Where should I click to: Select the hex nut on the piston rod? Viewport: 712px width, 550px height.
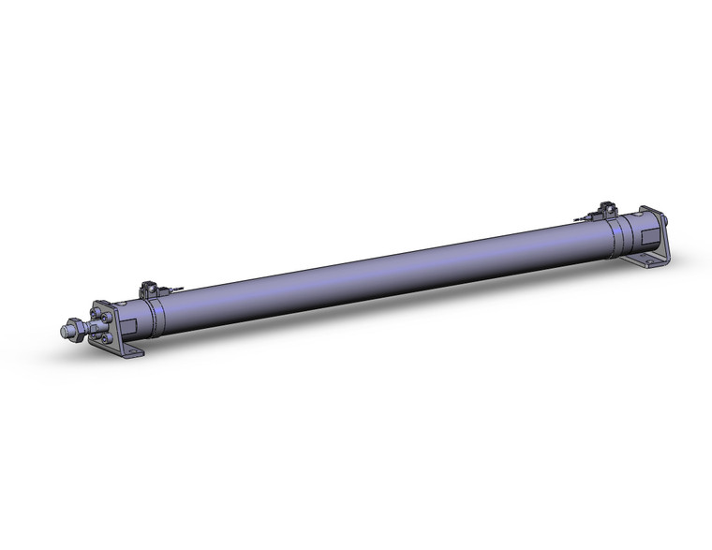(x=71, y=330)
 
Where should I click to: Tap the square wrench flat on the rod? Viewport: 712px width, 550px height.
(x=85, y=327)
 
